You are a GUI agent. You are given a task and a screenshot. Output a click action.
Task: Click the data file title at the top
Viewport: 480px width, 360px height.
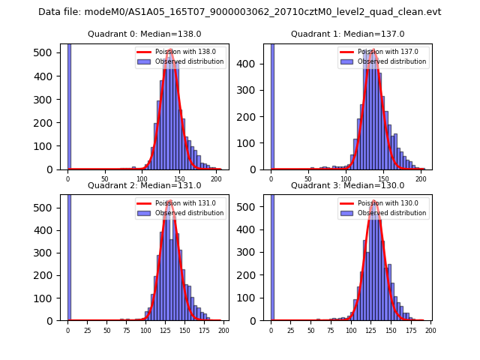coord(240,12)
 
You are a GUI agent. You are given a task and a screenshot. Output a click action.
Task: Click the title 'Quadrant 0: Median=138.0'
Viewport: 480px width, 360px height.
coord(145,34)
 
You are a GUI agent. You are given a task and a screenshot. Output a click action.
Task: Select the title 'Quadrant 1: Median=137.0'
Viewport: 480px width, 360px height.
coord(348,34)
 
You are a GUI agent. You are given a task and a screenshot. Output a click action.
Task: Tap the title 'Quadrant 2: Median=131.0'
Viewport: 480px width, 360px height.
coord(145,185)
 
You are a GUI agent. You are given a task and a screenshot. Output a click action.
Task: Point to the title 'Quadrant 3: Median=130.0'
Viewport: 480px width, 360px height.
coord(348,185)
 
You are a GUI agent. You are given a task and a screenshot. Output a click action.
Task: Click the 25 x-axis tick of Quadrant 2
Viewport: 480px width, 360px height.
coord(87,330)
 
